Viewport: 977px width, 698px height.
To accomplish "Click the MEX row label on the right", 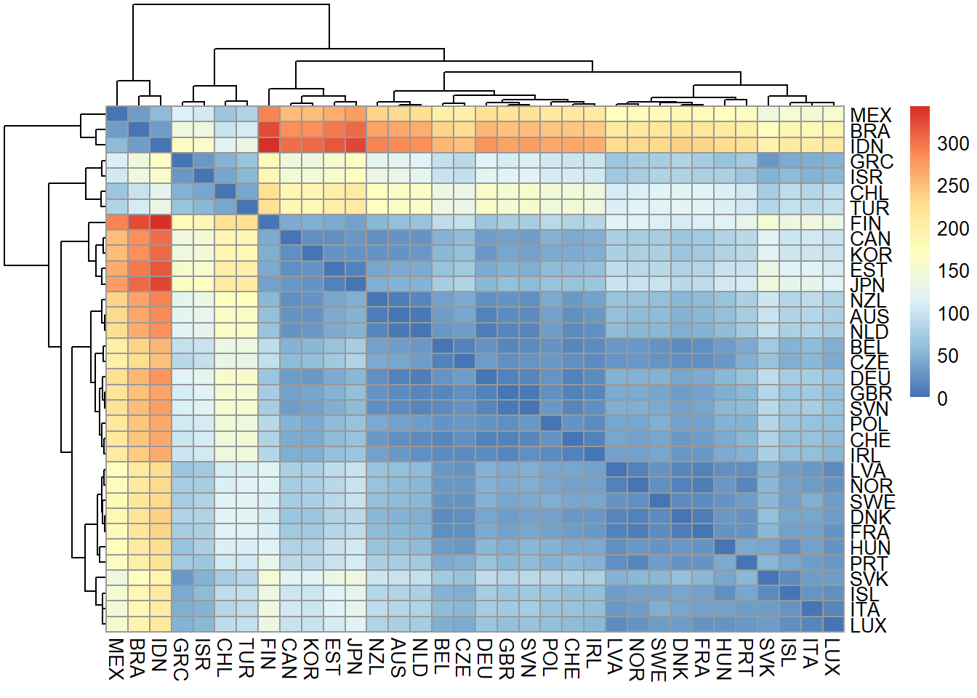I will click(x=869, y=115).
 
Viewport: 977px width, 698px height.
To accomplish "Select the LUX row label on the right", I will click(x=868, y=625).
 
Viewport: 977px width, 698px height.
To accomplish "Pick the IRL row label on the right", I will click(x=864, y=455).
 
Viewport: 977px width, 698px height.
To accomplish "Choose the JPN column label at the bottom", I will click(x=355, y=657).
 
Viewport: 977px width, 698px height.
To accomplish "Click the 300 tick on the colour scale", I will click(x=953, y=143).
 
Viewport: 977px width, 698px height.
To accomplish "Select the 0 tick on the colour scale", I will click(x=943, y=398).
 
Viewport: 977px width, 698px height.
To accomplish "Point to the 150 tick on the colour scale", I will click(x=953, y=270).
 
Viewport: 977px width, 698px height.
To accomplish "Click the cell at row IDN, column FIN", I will click(x=269, y=145).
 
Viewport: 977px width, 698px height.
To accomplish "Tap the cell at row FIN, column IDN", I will click(x=161, y=222).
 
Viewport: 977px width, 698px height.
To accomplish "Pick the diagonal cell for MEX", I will click(x=117, y=114).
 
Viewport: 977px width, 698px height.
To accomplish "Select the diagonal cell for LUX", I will click(x=833, y=624).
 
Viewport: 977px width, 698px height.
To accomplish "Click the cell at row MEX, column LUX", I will click(x=833, y=114).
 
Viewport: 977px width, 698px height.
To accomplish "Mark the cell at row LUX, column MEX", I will click(x=117, y=624).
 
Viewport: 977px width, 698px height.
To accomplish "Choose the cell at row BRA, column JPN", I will click(x=355, y=129).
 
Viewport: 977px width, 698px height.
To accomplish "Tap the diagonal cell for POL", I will click(x=551, y=423).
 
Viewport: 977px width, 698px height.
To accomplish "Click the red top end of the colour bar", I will click(x=920, y=111).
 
